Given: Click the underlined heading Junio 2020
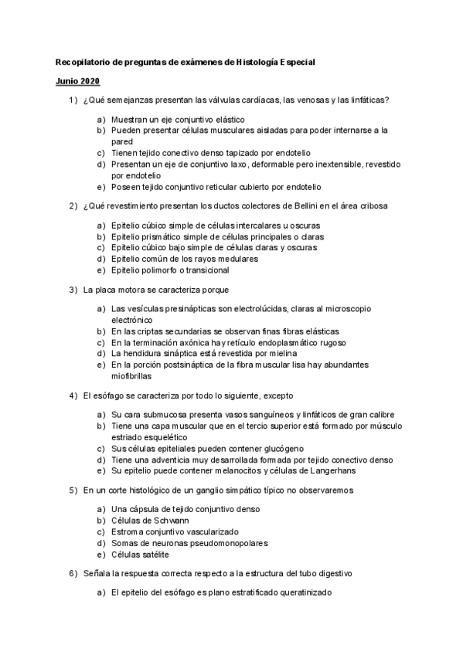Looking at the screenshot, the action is pos(77,81).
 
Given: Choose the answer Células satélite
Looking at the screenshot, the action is pos(141,554).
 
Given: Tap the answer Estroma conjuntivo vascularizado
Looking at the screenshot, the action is pos(175,531).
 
